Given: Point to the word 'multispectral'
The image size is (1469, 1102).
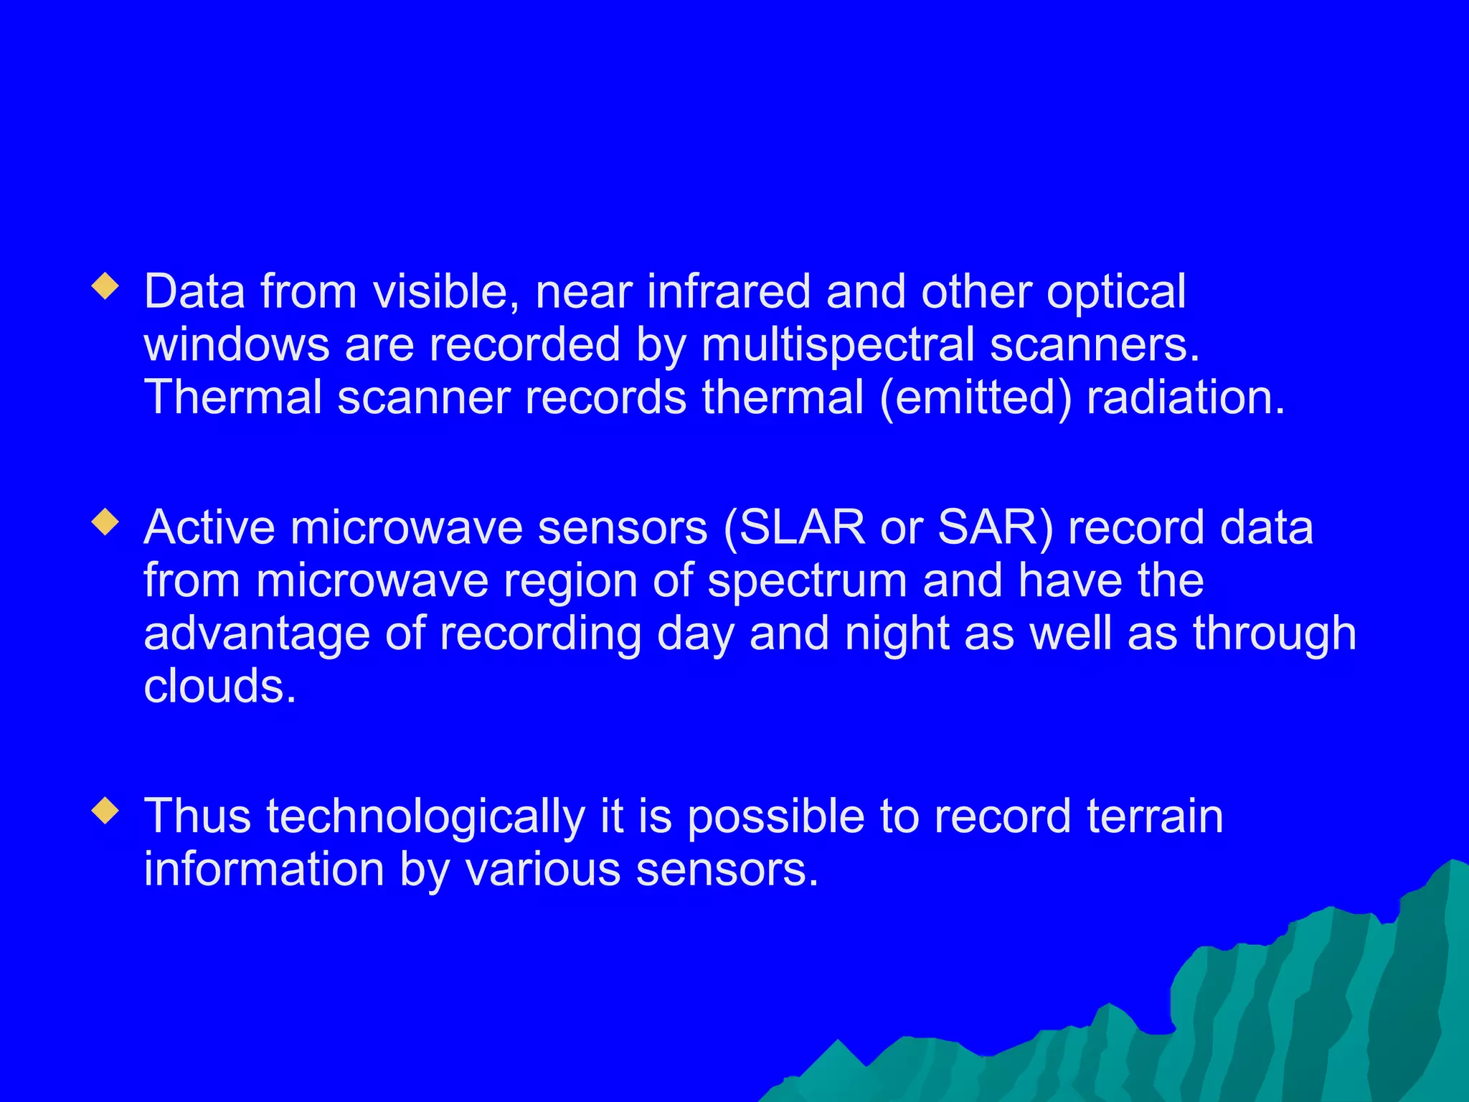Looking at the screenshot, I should click(839, 345).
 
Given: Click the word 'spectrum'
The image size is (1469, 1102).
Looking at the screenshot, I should click(808, 580).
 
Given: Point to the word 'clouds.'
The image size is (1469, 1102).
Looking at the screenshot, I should click(219, 686).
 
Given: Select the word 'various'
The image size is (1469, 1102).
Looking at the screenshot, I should click(542, 870).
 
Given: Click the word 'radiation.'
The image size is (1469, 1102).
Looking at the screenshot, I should click(1186, 397).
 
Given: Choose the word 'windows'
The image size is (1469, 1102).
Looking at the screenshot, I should click(237, 345).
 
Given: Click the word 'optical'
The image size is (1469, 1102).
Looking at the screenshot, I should click(1115, 293).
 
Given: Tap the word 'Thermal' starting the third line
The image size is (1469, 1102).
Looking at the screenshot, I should click(233, 397).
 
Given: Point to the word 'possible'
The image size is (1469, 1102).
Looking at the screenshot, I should click(776, 819).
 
